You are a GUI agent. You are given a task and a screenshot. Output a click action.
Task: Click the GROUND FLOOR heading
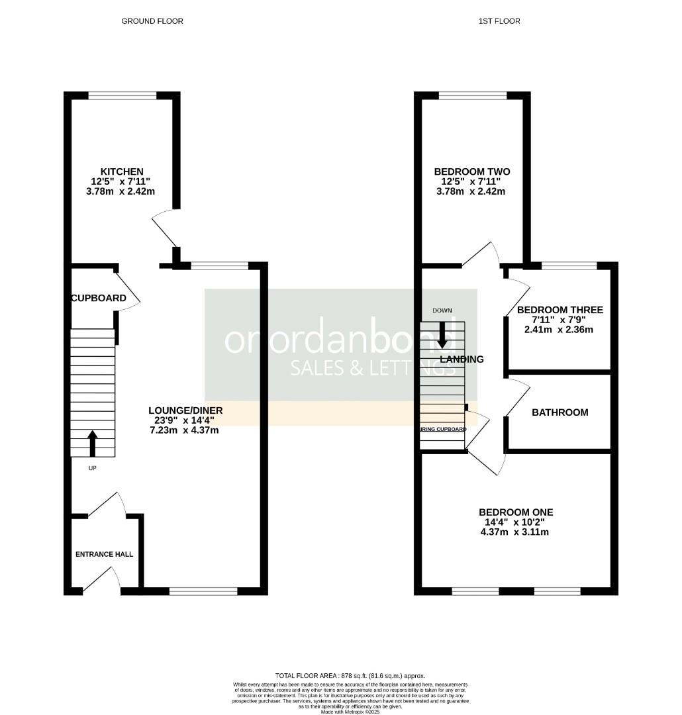[x=152, y=21]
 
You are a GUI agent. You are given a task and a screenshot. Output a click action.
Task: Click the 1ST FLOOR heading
[x=499, y=21]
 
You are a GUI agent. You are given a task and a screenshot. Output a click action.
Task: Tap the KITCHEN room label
[x=122, y=171]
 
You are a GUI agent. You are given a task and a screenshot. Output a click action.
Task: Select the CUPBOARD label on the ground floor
[x=99, y=298]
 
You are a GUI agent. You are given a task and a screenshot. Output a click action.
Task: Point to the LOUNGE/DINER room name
[x=185, y=410]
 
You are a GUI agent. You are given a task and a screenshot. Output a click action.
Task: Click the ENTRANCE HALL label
[x=104, y=554]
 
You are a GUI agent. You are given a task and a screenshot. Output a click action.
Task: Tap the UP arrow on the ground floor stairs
[x=92, y=443]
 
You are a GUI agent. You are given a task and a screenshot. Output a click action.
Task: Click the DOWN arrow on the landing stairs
[x=442, y=336]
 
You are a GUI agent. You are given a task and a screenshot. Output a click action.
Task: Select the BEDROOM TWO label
[x=472, y=171]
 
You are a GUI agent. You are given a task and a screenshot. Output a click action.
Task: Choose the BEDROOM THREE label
[x=560, y=310]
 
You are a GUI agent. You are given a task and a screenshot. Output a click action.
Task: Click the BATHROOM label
[x=560, y=412]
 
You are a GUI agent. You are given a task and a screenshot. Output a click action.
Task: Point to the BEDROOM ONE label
[x=516, y=512]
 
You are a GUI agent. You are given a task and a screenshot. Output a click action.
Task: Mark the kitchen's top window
[x=122, y=95]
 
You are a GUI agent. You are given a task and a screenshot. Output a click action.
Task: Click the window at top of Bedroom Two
[x=473, y=95]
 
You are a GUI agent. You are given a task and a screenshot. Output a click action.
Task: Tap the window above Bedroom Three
[x=569, y=266]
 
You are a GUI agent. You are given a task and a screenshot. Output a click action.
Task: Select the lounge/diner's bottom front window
[x=203, y=591]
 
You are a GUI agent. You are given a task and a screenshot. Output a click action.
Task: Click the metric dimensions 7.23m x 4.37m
[x=185, y=430]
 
